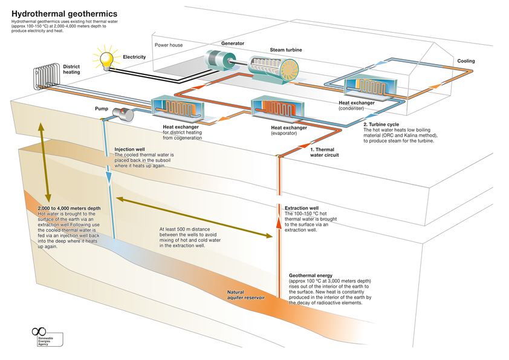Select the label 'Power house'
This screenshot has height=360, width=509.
[168, 45]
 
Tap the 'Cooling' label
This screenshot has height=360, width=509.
[465, 61]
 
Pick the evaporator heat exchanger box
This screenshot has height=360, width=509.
[276, 108]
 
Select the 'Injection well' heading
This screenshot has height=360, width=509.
[129, 149]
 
